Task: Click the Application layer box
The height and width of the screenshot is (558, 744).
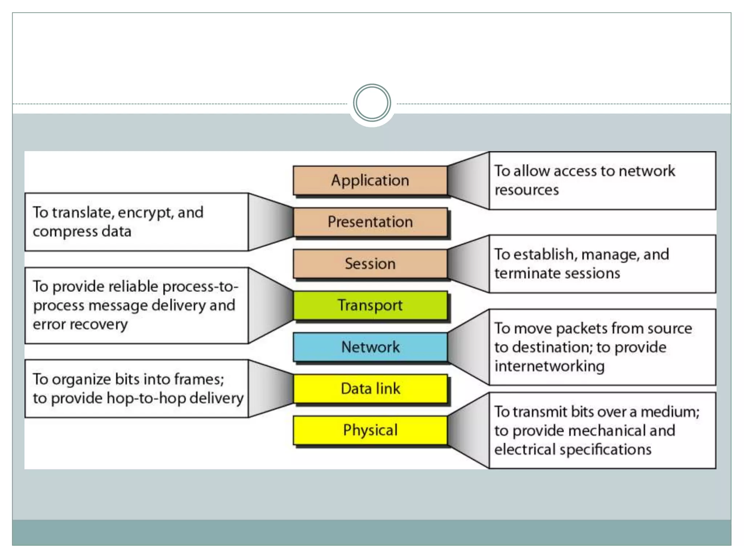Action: (370, 181)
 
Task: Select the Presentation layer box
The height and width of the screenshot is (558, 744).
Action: (370, 222)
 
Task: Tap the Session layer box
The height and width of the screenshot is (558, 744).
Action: (370, 264)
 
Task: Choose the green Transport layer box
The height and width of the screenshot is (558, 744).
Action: (370, 305)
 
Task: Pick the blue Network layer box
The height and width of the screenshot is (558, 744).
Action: (370, 347)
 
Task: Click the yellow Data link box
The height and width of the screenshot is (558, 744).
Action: (370, 389)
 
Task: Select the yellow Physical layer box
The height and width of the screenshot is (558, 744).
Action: (370, 430)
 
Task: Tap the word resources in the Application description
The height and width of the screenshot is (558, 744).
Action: (526, 190)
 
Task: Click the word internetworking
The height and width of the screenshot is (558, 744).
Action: (549, 366)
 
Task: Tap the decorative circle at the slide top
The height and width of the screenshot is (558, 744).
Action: (372, 103)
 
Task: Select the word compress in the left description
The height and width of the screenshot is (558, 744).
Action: (65, 232)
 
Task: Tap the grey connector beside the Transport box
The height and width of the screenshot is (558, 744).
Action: (271, 305)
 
